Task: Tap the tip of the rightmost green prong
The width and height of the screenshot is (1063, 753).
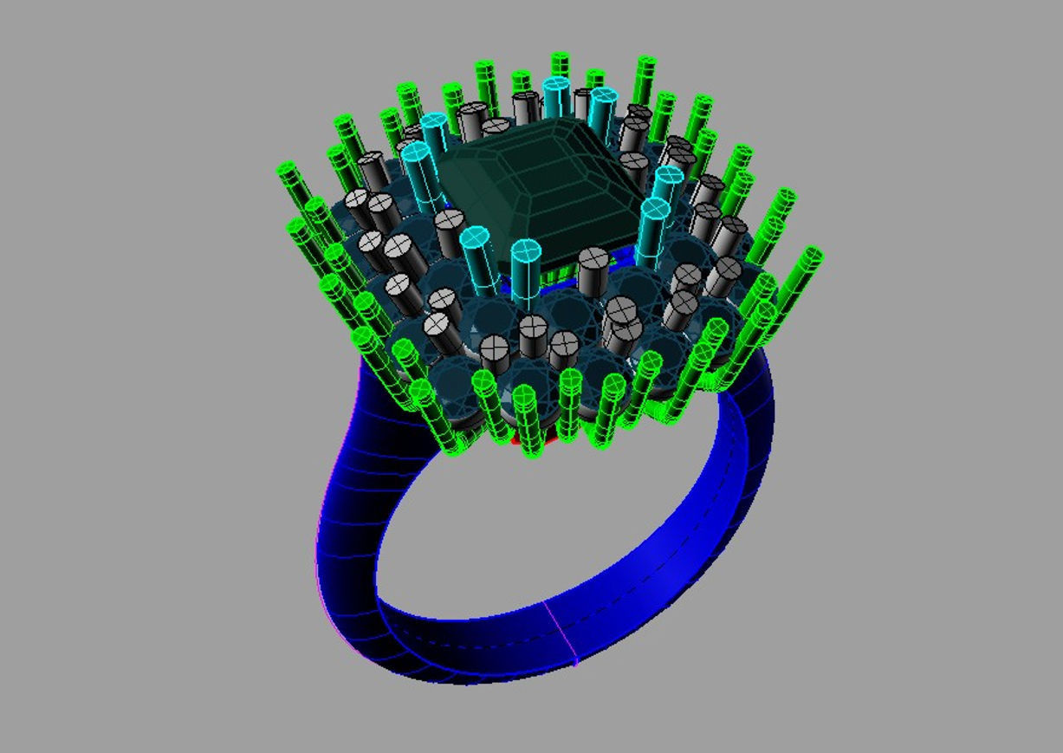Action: [x=812, y=256]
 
